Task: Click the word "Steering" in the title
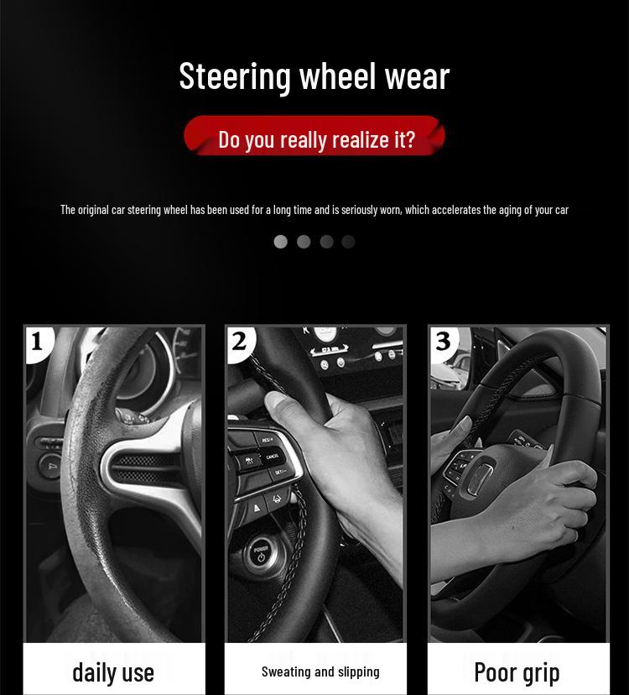(235, 76)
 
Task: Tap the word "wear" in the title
(417, 76)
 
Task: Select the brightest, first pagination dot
(281, 242)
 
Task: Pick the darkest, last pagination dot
(348, 242)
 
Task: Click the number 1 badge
(37, 342)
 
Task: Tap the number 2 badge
(240, 342)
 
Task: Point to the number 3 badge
(443, 342)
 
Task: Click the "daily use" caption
(113, 671)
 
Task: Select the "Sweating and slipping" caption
(320, 671)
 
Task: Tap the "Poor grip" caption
(517, 671)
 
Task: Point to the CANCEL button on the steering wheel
(273, 457)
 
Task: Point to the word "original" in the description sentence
(93, 209)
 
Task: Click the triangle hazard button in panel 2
(257, 508)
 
